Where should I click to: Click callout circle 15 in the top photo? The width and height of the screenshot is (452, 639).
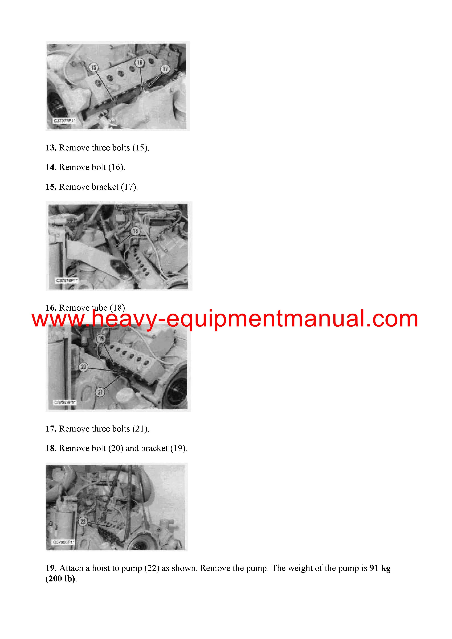pyautogui.click(x=93, y=67)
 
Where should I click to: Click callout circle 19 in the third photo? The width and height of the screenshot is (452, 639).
pyautogui.click(x=101, y=339)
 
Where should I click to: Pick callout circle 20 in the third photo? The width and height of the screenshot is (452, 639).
pyautogui.click(x=83, y=367)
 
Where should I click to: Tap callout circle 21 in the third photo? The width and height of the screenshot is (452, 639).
pyautogui.click(x=100, y=392)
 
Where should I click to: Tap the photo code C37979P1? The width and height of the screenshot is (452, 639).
pyautogui.click(x=65, y=402)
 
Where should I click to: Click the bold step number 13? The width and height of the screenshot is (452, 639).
pyautogui.click(x=51, y=148)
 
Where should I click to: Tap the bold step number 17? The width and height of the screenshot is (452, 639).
pyautogui.click(x=51, y=429)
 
